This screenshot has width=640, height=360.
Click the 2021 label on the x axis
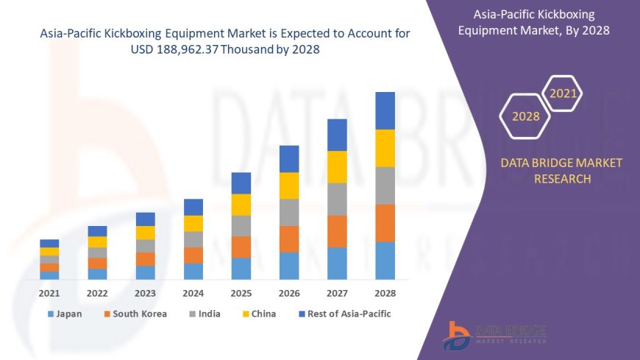point(49,293)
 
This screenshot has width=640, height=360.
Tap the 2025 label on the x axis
point(241,293)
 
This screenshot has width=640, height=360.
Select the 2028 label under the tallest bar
point(385,293)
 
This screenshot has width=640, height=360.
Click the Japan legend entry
point(65,314)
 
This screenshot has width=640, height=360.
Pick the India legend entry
point(207,314)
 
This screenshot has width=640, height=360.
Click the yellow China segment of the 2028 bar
point(385,148)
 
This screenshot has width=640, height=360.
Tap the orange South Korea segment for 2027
point(337,231)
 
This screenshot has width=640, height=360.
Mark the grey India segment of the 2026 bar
point(289,212)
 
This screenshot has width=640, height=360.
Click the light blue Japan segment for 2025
point(241,269)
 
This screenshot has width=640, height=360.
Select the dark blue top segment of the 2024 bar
point(193,207)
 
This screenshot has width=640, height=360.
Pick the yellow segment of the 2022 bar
point(97,241)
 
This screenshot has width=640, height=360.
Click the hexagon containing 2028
point(525,116)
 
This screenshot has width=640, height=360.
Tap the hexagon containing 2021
point(563,93)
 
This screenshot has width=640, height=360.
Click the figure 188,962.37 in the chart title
point(162,49)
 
